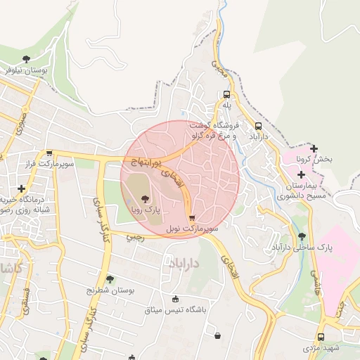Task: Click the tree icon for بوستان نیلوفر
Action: click(27, 59)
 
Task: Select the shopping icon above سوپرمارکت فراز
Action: click(49, 153)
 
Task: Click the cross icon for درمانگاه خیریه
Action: click(22, 188)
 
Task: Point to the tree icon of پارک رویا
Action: click(146, 198)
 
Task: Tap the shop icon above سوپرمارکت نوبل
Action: click(192, 218)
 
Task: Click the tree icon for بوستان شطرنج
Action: click(109, 279)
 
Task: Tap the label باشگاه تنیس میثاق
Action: click(175, 309)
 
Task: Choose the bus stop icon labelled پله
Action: click(226, 94)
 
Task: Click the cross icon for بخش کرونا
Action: click(314, 148)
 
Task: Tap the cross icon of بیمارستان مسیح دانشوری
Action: click(301, 174)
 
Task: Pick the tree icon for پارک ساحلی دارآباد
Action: click(302, 236)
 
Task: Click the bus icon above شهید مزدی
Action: click(321, 337)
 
